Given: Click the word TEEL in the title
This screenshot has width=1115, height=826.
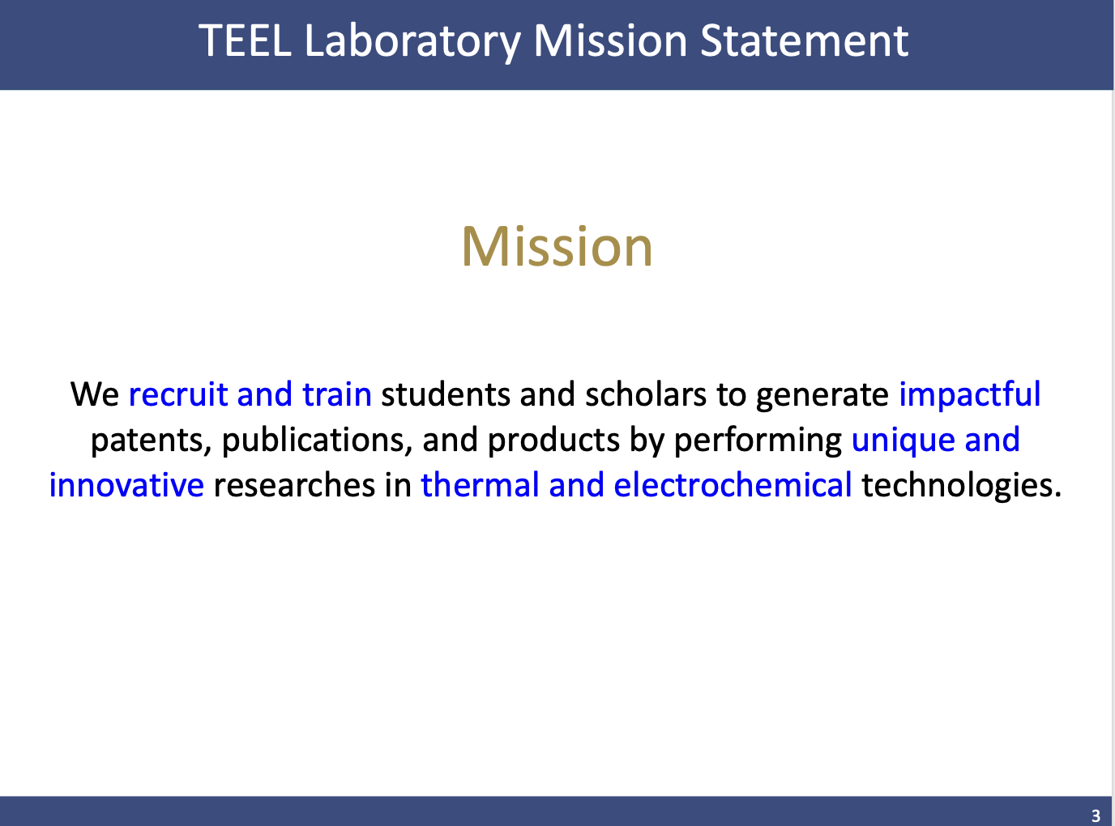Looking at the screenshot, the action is point(245,40).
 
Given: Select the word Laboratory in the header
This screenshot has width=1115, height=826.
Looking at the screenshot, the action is point(412,42).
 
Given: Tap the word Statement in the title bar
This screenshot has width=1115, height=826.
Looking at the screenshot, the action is point(804,40).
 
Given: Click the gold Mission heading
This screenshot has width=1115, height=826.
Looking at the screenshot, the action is point(557,247).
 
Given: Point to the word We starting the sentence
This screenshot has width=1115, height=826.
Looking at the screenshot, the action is point(95,394).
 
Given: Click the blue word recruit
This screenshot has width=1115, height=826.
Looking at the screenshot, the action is point(178,394).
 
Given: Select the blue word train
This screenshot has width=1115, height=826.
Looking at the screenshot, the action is point(337,394).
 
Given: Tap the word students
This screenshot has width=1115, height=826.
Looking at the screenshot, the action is point(446,394).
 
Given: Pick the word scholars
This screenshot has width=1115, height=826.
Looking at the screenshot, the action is point(646,394).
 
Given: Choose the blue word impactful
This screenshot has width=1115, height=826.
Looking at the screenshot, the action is point(970,395).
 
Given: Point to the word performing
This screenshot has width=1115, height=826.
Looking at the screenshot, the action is point(758,441).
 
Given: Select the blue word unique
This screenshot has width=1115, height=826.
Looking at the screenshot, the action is point(903,441).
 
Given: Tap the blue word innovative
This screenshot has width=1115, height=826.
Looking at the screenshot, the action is point(126,485).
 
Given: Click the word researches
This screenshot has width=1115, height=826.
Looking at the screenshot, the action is point(295,485).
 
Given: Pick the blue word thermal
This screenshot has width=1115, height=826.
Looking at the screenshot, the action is point(480,485).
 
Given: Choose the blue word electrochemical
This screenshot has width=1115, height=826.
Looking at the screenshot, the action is point(733,485).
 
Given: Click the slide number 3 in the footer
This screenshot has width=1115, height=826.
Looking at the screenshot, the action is point(1096,815).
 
